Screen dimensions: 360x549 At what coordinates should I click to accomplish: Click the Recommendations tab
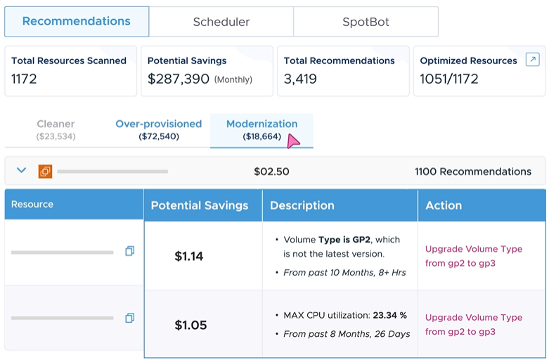[x=77, y=21]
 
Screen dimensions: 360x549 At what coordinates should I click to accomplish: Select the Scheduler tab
[x=221, y=22]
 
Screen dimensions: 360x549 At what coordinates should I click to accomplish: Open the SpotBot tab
[x=366, y=22]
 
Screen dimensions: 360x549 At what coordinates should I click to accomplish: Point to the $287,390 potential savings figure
[x=179, y=79]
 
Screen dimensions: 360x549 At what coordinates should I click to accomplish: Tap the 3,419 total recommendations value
[x=300, y=79]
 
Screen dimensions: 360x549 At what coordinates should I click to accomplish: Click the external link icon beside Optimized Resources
[x=532, y=60]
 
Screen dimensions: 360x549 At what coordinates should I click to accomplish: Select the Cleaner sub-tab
[x=56, y=124]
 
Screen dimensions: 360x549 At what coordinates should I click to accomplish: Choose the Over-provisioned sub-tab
[x=158, y=124]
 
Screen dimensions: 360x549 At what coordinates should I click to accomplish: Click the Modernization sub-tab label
[x=261, y=124]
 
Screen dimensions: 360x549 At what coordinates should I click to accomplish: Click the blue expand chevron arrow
[x=21, y=171]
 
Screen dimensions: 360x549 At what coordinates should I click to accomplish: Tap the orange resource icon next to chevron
[x=45, y=171]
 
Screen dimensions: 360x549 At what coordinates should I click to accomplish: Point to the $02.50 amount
[x=271, y=172]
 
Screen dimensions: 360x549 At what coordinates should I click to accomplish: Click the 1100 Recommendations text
[x=472, y=172]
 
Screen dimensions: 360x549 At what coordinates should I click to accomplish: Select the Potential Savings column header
[x=200, y=205]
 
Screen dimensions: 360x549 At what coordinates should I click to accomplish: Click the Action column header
[x=444, y=205]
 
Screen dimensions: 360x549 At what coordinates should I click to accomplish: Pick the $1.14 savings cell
[x=189, y=257]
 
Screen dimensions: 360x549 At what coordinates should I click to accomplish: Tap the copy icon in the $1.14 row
[x=129, y=251]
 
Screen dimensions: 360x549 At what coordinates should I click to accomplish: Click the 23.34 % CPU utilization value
[x=389, y=316]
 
